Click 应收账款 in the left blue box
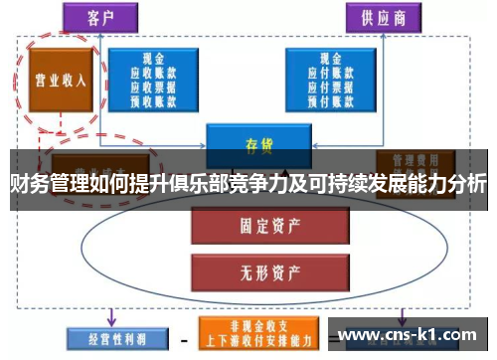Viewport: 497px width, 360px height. tap(153, 73)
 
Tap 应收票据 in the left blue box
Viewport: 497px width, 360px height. tap(153, 85)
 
